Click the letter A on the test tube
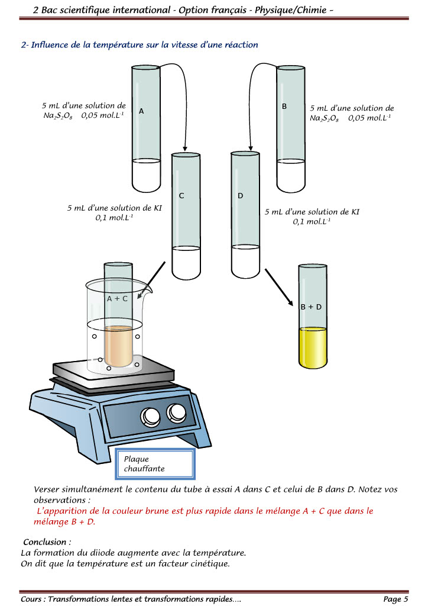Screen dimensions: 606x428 pyautogui.click(x=141, y=111)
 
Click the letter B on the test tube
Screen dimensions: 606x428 pyautogui.click(x=284, y=107)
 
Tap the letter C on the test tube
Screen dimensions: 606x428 pyautogui.click(x=181, y=195)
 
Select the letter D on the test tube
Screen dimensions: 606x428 pyautogui.click(x=240, y=195)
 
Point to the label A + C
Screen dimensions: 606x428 pyautogui.click(x=117, y=299)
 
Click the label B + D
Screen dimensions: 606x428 pyautogui.click(x=311, y=307)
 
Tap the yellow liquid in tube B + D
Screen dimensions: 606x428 pyautogui.click(x=313, y=347)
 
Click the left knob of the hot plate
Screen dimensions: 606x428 pyautogui.click(x=150, y=417)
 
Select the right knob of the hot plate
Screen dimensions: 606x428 pyautogui.click(x=176, y=412)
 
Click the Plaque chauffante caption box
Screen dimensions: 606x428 pyautogui.click(x=158, y=463)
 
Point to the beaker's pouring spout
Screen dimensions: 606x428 pyautogui.click(x=148, y=291)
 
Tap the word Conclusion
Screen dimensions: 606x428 pyautogui.click(x=47, y=542)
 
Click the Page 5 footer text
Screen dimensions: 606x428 pyautogui.click(x=395, y=599)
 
